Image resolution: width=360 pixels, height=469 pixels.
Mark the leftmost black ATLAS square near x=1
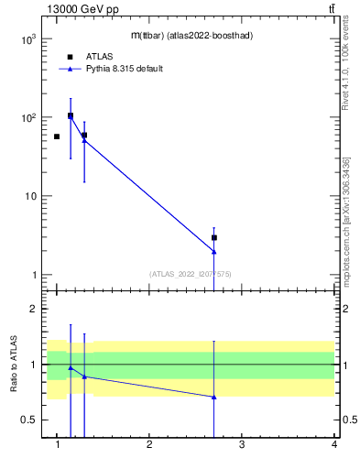coord(57,136)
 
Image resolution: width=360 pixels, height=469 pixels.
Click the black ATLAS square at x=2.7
coord(214,237)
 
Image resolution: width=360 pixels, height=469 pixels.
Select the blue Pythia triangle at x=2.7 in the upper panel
coord(214,251)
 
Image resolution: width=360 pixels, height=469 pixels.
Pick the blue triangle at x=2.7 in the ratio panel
coord(214,397)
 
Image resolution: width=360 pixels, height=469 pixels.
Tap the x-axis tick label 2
coord(149,445)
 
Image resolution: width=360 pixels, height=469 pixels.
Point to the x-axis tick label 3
coord(242,445)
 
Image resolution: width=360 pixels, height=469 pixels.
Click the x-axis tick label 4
coord(334,445)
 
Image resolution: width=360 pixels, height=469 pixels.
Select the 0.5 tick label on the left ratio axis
coord(28,420)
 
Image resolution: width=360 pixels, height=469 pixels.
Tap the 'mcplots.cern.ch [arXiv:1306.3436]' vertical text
coord(345,220)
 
